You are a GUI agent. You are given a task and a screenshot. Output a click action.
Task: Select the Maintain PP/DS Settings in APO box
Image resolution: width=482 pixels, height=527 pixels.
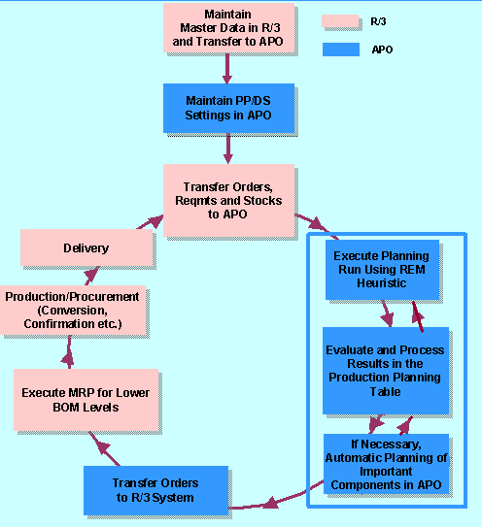(x=227, y=107)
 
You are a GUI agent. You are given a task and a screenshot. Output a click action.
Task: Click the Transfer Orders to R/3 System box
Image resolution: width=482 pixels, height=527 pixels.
(x=155, y=490)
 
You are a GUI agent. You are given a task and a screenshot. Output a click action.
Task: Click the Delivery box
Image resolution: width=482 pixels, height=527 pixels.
(x=86, y=248)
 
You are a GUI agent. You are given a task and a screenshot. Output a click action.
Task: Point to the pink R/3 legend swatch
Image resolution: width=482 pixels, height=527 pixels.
(x=339, y=20)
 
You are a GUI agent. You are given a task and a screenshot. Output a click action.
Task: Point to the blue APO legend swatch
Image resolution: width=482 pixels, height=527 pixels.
(x=339, y=49)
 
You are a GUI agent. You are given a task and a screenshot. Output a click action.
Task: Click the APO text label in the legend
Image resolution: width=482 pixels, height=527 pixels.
(x=383, y=49)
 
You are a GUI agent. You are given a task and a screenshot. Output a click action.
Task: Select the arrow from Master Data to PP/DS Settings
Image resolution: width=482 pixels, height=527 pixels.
(x=227, y=67)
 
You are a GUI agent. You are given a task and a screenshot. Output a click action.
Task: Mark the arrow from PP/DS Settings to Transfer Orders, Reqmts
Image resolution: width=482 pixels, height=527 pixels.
(x=227, y=146)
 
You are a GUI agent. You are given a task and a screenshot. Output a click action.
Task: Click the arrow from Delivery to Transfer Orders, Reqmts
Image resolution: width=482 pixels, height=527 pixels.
(x=148, y=221)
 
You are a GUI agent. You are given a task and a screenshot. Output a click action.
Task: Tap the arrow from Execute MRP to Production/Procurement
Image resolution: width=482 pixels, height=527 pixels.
(x=69, y=348)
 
